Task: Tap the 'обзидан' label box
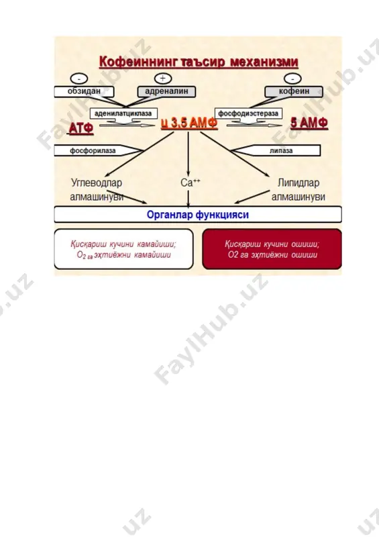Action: pyautogui.click(x=84, y=91)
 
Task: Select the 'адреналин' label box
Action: pyautogui.click(x=166, y=91)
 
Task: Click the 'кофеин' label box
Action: pyautogui.click(x=294, y=91)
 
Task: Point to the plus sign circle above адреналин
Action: pyautogui.click(x=163, y=79)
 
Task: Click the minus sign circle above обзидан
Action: pyautogui.click(x=79, y=79)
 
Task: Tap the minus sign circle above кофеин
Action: pyautogui.click(x=292, y=79)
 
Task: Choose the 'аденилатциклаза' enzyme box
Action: pyautogui.click(x=123, y=113)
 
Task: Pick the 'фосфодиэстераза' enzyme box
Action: pyautogui.click(x=248, y=113)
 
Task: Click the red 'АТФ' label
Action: pyautogui.click(x=81, y=128)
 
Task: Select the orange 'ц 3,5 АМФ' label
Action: pyautogui.click(x=189, y=124)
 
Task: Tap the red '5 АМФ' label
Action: pyautogui.click(x=309, y=123)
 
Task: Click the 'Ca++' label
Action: pyautogui.click(x=191, y=183)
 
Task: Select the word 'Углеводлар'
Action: pyautogui.click(x=97, y=183)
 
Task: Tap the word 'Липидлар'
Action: pyautogui.click(x=299, y=183)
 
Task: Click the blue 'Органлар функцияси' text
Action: pyautogui.click(x=197, y=215)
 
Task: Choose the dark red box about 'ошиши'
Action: pyautogui.click(x=272, y=249)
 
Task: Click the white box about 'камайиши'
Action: pyautogui.click(x=123, y=249)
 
